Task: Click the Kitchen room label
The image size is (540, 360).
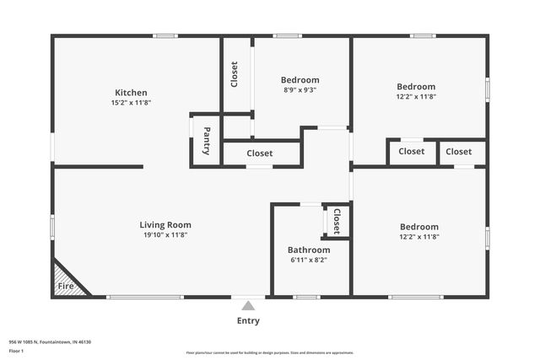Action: [x=131, y=93]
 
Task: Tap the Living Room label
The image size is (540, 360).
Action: [x=165, y=225]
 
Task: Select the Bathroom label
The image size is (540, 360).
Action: [x=309, y=250]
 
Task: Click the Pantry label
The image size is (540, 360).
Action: [x=207, y=141]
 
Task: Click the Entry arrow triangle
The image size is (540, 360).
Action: [x=248, y=305]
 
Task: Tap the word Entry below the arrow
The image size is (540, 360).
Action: [x=248, y=320]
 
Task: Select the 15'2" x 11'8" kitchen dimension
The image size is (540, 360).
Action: [x=131, y=103]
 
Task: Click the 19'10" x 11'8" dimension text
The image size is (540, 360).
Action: [x=165, y=235]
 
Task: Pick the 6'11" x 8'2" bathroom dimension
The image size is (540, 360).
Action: [x=309, y=260]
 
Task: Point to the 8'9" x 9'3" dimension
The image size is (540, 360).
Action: [x=300, y=89]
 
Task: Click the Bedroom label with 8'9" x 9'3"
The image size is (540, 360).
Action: [x=300, y=80]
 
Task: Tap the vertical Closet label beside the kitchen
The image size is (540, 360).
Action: [x=235, y=74]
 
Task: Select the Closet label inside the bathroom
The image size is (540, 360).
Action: [x=336, y=221]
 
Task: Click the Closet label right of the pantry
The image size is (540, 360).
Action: [x=260, y=153]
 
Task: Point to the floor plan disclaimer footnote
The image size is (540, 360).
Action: [x=270, y=352]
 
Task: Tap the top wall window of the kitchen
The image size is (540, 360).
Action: [x=165, y=35]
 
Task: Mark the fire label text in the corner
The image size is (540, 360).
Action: [x=64, y=287]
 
